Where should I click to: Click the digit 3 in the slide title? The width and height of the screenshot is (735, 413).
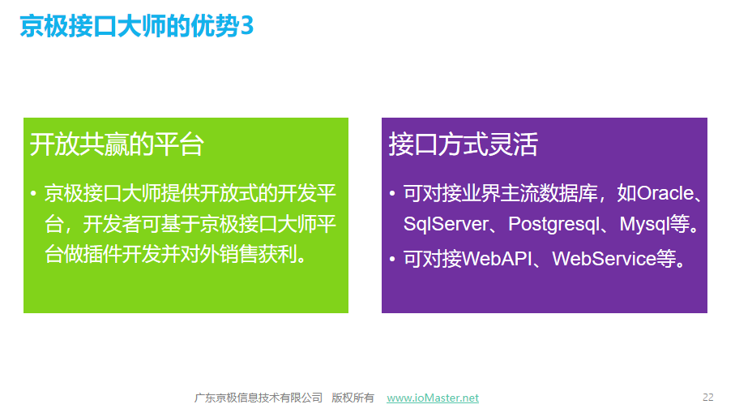(x=246, y=26)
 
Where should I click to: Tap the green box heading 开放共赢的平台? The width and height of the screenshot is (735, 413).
(x=117, y=144)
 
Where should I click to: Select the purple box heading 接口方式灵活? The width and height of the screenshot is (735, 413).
(x=464, y=144)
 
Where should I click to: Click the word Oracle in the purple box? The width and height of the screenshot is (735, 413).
(x=665, y=193)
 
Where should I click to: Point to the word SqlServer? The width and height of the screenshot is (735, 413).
(x=446, y=224)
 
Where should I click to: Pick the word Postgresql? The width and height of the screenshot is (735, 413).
(x=554, y=224)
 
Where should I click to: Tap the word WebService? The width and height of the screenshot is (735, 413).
(x=604, y=259)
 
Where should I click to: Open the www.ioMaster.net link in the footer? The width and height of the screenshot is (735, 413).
(x=433, y=398)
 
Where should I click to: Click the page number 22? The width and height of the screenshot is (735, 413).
(x=707, y=398)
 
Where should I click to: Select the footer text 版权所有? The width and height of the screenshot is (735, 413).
(x=353, y=398)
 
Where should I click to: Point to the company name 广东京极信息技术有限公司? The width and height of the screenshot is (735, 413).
(x=259, y=398)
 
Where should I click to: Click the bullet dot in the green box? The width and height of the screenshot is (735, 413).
(x=33, y=193)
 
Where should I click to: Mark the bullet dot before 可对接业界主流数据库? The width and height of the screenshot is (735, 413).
(x=392, y=193)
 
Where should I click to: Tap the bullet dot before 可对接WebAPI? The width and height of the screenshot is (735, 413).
(x=392, y=259)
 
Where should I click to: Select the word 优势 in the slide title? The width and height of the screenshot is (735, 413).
(x=216, y=26)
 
